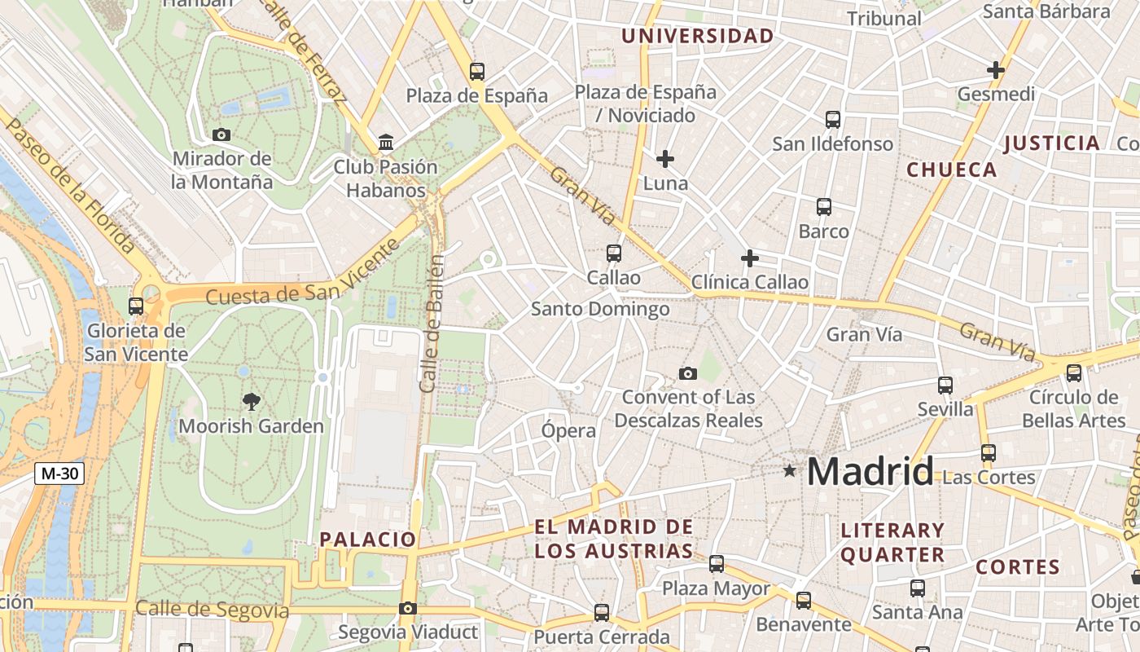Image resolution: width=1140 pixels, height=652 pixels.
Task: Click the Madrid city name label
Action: tap(870, 472)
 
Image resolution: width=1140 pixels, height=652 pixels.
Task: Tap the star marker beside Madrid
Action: tap(789, 470)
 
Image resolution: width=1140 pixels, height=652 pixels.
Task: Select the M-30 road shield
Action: tap(59, 473)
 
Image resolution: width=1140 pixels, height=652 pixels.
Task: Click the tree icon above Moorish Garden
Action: tap(252, 400)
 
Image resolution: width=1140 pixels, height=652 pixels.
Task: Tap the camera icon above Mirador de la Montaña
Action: tap(221, 134)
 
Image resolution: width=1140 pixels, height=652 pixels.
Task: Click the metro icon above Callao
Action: tap(614, 253)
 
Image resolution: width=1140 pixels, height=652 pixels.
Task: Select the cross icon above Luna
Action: tap(665, 158)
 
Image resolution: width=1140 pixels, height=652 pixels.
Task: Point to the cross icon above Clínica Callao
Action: tap(750, 258)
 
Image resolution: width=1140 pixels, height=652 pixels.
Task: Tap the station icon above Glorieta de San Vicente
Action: tap(136, 306)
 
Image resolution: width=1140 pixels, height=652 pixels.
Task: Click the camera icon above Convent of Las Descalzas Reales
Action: tap(688, 373)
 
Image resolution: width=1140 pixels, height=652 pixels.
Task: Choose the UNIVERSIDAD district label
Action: tap(697, 36)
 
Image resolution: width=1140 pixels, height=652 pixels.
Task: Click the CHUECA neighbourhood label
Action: tap(951, 170)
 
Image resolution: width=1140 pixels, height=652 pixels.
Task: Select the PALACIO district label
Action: tap(368, 539)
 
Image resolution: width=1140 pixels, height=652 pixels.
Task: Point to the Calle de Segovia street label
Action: tap(212, 610)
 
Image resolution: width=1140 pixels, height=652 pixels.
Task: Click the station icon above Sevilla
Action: tap(945, 385)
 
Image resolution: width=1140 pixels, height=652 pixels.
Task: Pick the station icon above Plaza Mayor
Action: tap(717, 563)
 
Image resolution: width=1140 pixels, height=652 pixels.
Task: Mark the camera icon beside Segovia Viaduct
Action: tap(408, 608)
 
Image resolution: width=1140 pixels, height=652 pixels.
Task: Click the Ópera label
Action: tap(569, 430)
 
